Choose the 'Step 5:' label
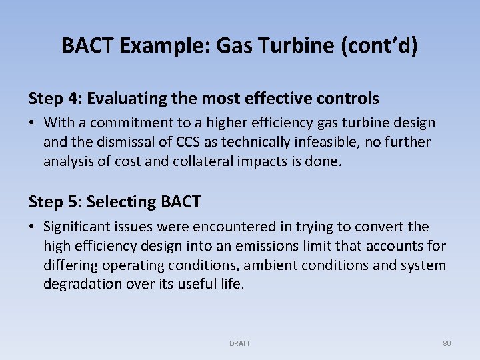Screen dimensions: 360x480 pyautogui.click(x=55, y=201)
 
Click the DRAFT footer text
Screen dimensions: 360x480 pyautogui.click(x=239, y=343)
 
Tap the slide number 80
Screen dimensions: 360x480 pyautogui.click(x=447, y=343)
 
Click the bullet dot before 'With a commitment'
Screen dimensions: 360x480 pyautogui.click(x=33, y=123)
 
